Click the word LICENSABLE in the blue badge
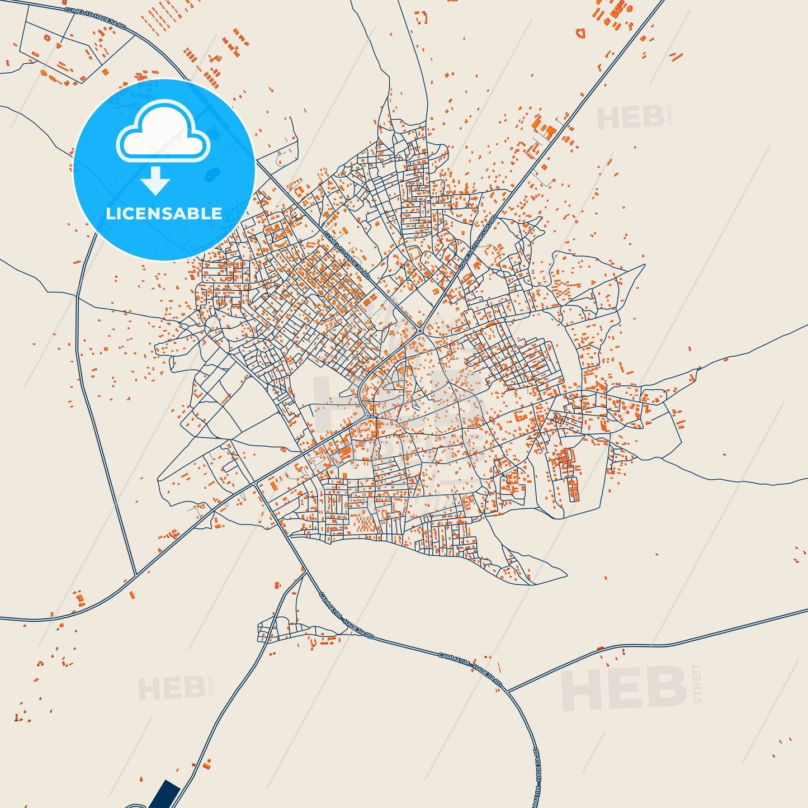tap(164, 214)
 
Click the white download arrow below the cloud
tap(155, 180)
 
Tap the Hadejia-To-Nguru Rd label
tap(478, 243)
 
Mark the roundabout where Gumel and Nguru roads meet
tap(420, 330)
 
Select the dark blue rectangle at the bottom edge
tap(165, 795)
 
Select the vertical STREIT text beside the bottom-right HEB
tap(696, 683)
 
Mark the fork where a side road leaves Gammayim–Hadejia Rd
tap(508, 691)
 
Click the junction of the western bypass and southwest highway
tap(136, 574)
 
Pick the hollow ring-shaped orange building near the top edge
tap(581, 33)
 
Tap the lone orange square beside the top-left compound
tap(105, 72)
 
